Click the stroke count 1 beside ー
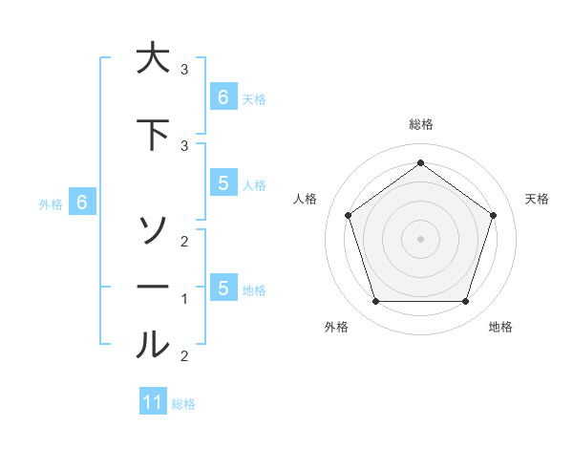tap(184, 299)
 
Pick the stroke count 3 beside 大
tap(184, 70)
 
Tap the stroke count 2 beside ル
tap(184, 356)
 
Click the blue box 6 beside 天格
tap(223, 96)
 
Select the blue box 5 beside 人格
tap(223, 183)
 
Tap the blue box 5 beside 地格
tap(223, 288)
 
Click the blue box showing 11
tap(153, 402)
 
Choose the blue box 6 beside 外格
tap(82, 203)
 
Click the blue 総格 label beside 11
tap(183, 404)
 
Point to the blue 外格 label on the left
tap(51, 203)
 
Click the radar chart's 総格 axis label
tap(420, 124)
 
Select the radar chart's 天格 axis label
tap(537, 199)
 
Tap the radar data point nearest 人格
tap(348, 215)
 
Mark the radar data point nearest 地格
tap(465, 302)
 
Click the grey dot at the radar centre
tap(420, 238)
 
